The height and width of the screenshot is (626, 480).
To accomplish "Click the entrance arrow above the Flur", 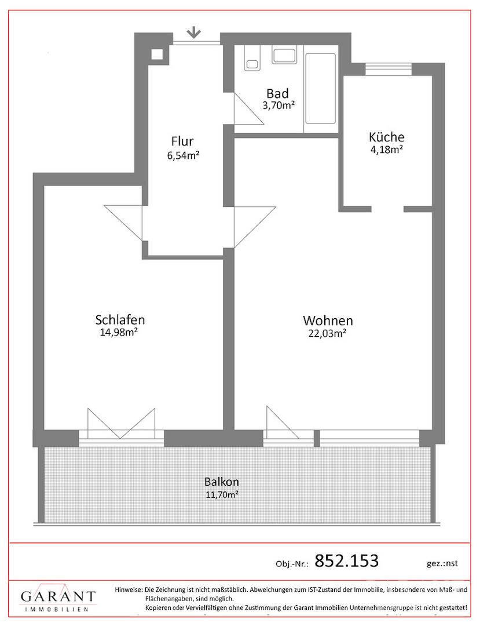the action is click(x=194, y=32).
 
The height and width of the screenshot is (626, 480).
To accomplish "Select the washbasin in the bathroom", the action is click(x=285, y=54).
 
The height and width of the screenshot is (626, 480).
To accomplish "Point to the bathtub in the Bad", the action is click(x=320, y=88).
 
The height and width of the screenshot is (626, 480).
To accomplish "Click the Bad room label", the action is click(x=277, y=94).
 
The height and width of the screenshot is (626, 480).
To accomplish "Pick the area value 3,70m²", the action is click(x=279, y=105).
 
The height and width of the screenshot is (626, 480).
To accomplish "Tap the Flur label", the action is click(x=182, y=141).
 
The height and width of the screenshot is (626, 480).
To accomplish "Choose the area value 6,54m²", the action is click(x=183, y=155).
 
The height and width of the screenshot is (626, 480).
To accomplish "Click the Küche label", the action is click(x=386, y=137).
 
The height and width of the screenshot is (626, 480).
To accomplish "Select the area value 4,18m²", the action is click(x=386, y=150).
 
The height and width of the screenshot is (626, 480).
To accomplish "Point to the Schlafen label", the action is click(x=120, y=320).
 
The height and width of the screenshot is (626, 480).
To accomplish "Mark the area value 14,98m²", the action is click(x=119, y=332).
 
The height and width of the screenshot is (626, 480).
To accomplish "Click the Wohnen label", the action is click(x=328, y=321).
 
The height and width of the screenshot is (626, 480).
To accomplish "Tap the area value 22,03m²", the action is click(x=327, y=333).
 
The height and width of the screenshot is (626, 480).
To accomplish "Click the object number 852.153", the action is click(x=346, y=561).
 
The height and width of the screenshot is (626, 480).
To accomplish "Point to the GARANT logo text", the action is click(x=58, y=596).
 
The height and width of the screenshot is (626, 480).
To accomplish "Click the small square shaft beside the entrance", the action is click(x=157, y=54).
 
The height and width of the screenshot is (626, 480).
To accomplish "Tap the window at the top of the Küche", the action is click(x=389, y=69).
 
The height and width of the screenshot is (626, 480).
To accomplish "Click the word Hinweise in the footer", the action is click(x=129, y=589).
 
